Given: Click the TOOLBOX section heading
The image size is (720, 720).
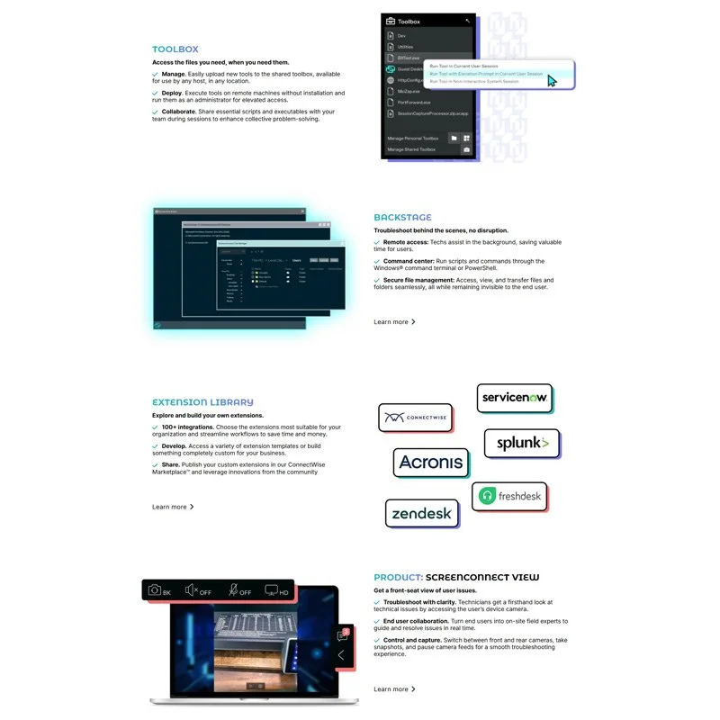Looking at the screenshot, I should [175, 49].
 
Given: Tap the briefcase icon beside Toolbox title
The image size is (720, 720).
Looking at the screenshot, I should [390, 21].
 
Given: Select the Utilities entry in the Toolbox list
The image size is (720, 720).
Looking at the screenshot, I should [406, 46].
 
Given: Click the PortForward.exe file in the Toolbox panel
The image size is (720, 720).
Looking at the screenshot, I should [414, 103].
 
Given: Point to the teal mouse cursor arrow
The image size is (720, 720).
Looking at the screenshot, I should [552, 81].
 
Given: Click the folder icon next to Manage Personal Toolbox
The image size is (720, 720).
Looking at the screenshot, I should [454, 138].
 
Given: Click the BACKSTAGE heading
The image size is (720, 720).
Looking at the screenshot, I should [402, 217].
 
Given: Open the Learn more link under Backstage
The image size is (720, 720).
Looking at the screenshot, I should [394, 321].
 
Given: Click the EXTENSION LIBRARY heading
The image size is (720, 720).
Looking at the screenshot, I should [202, 402].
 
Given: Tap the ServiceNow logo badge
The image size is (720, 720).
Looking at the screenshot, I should [514, 398].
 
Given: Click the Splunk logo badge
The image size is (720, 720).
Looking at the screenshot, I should [522, 444].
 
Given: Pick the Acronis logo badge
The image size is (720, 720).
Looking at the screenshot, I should [431, 463].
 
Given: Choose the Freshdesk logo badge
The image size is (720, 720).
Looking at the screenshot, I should [509, 496].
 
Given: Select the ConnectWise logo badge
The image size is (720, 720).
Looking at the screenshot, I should [415, 418].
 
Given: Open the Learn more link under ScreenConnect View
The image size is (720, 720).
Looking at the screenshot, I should [394, 689].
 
